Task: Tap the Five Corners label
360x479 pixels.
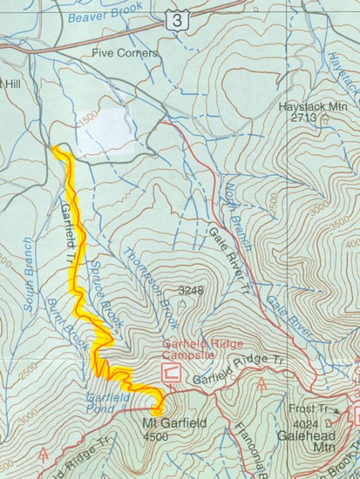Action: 126,53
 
